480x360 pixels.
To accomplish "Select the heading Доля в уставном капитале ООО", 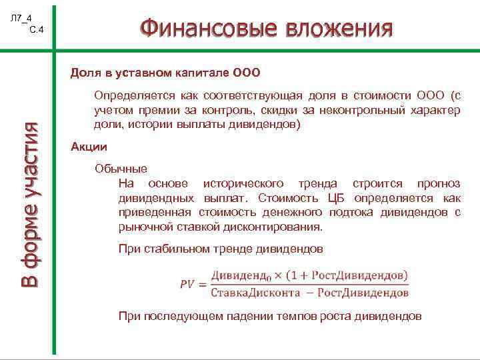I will coord(165,71).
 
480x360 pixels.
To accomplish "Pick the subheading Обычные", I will coord(121,169).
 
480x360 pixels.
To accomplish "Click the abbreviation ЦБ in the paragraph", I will coord(338,198).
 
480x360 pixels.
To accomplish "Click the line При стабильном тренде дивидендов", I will coord(220,249).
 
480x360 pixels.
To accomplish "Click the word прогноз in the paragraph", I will coord(438,183).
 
